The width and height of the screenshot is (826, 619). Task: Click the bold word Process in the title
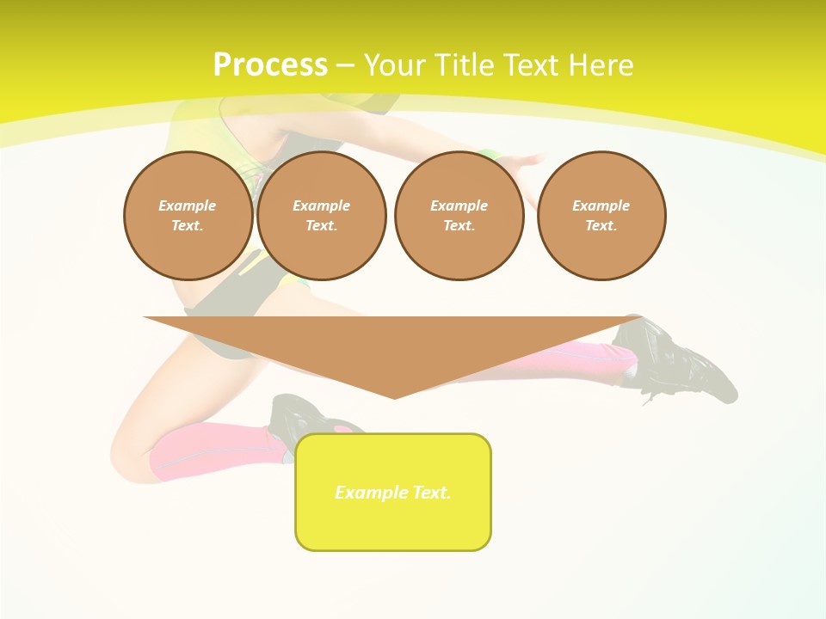270,65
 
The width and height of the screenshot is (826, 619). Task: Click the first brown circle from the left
188,216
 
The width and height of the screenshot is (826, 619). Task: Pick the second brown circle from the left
321,216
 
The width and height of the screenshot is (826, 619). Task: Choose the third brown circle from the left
459,216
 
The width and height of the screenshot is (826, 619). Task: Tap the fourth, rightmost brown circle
601,216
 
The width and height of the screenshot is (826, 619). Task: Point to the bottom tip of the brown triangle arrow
395,397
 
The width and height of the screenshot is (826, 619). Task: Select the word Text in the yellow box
432,493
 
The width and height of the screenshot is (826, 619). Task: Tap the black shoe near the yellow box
297,417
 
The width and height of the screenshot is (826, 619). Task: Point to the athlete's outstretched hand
525,162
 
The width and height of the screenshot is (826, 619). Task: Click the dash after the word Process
345,65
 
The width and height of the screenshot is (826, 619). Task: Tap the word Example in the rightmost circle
601,205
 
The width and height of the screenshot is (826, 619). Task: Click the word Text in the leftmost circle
187,226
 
